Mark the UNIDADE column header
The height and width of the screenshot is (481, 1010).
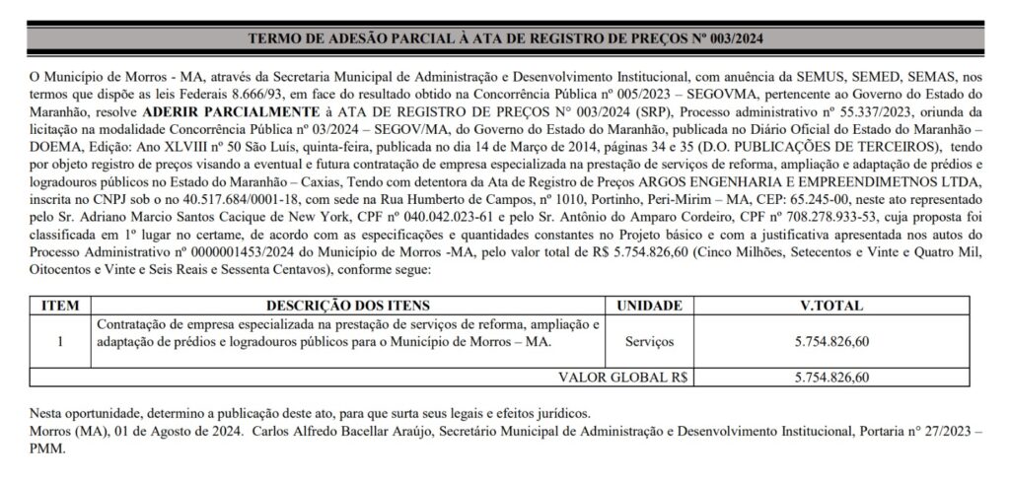tap(649, 306)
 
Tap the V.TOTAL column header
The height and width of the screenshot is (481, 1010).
tap(833, 306)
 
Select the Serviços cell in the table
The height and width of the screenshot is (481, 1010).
tap(649, 342)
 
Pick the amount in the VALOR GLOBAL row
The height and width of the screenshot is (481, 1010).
tap(833, 377)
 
